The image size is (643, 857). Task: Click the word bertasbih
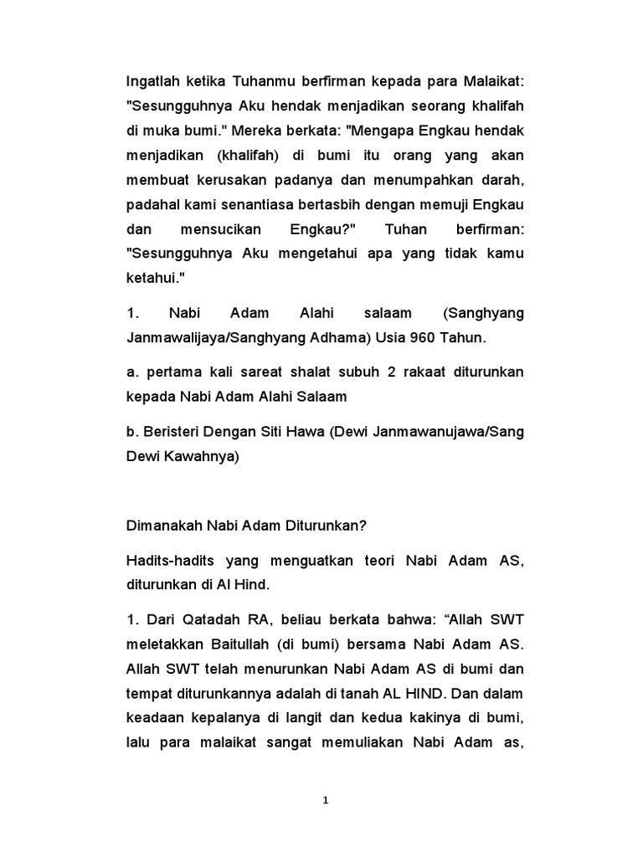335,205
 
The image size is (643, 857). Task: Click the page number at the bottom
326,800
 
